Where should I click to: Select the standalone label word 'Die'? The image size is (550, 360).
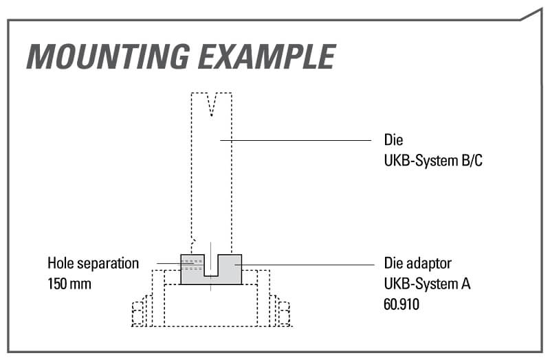pos(393,140)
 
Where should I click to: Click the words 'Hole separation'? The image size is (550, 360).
pos(93,263)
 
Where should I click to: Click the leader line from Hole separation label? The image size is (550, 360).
pos(168,263)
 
